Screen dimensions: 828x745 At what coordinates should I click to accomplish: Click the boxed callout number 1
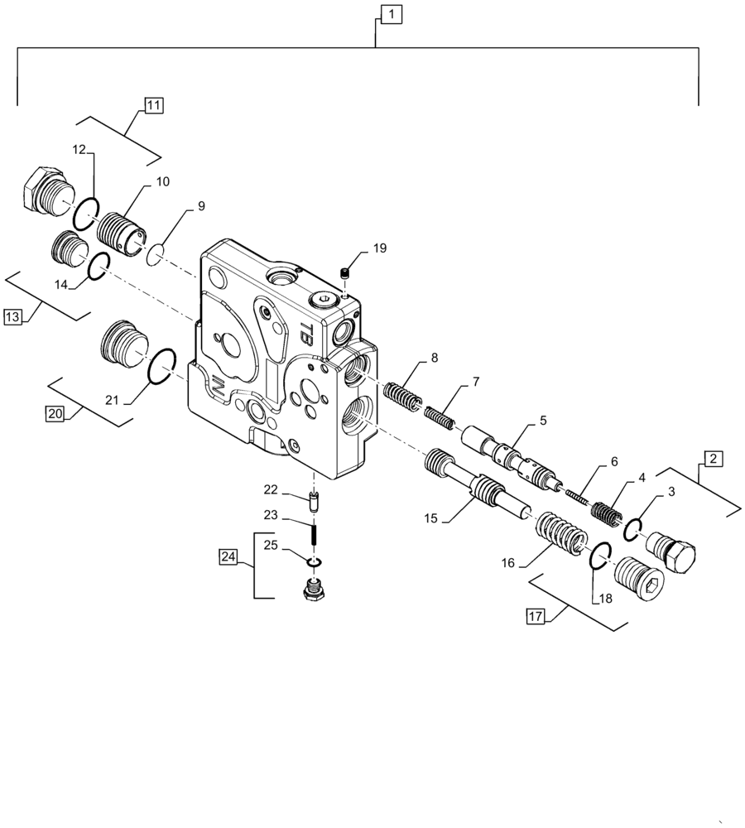pos(392,14)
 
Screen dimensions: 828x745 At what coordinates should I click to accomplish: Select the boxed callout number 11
pos(153,105)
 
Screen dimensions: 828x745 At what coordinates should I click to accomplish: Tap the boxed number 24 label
pos(228,556)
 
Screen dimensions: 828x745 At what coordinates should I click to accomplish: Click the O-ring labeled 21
pos(161,366)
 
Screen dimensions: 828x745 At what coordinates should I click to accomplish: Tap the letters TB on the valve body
pos(305,333)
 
